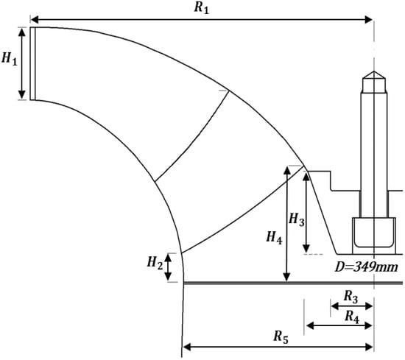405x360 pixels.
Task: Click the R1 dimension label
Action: pyautogui.click(x=202, y=7)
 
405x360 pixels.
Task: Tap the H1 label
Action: pyautogui.click(x=10, y=59)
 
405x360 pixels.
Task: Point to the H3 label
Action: pyautogui.click(x=297, y=220)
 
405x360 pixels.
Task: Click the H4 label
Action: pyautogui.click(x=275, y=238)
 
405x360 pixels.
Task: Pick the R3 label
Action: pyautogui.click(x=351, y=297)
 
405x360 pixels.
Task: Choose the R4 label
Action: pyautogui.click(x=352, y=317)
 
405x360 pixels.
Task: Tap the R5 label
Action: pyautogui.click(x=281, y=337)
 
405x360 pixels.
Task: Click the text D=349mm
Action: pyautogui.click(x=366, y=267)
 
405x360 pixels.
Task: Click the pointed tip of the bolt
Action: pyautogui.click(x=374, y=71)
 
